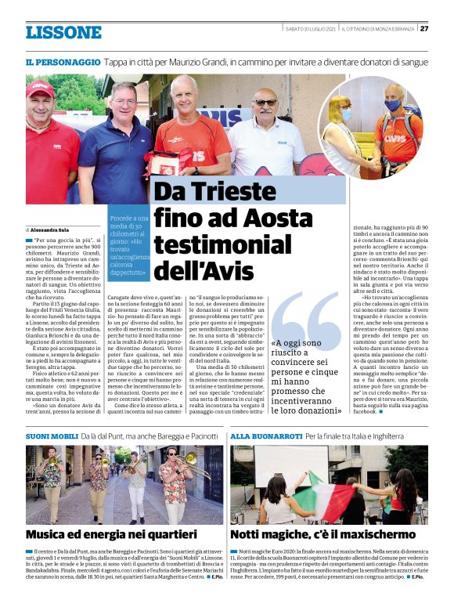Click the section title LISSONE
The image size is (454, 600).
63,32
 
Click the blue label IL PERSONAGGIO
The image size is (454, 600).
62,61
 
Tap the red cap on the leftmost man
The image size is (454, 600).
40,89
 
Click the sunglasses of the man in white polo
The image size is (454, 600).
267,103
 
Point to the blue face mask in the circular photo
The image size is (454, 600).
392,105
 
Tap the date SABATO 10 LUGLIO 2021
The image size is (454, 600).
311,29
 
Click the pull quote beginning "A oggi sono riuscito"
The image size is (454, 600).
305,376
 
